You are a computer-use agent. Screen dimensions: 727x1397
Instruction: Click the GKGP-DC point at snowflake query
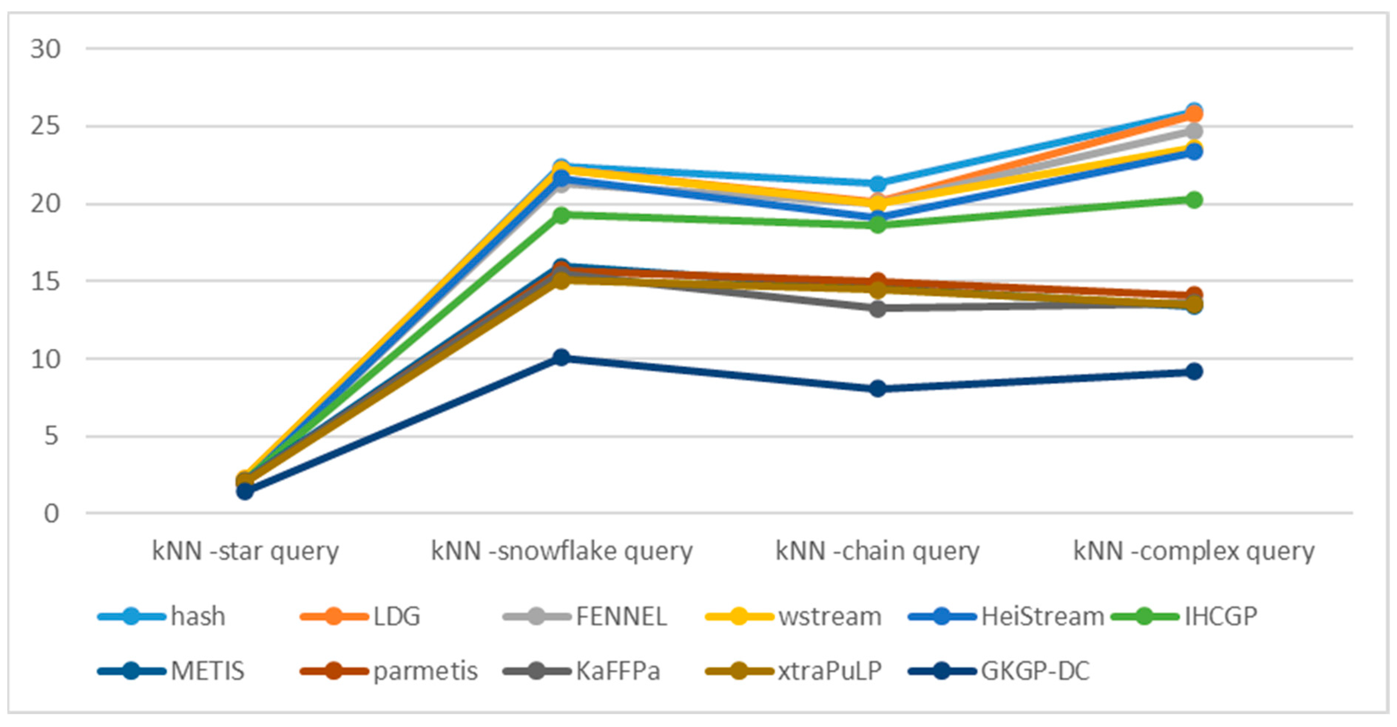tap(561, 357)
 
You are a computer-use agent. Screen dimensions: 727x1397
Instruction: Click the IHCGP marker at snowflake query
tap(561, 215)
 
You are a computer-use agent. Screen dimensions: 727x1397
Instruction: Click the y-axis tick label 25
tap(45, 126)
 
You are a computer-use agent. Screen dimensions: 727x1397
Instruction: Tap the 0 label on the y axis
tap(51, 513)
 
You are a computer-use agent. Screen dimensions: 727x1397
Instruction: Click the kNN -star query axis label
tap(245, 551)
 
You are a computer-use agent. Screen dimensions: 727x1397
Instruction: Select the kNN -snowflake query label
tap(562, 551)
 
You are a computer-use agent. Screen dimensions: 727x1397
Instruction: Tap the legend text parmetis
tap(425, 671)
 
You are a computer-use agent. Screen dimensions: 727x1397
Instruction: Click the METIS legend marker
tap(131, 671)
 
